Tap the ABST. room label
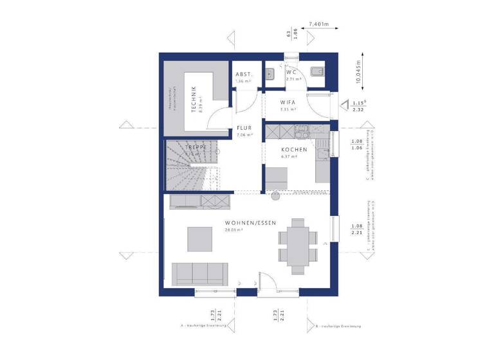click(x=244, y=75)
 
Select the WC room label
click(x=291, y=72)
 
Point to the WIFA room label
click(x=288, y=102)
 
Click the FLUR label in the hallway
click(x=244, y=127)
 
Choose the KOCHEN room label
click(x=289, y=150)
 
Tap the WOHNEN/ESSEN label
click(x=250, y=222)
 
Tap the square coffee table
click(x=199, y=239)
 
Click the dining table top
click(x=298, y=239)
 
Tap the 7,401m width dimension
click(x=319, y=24)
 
